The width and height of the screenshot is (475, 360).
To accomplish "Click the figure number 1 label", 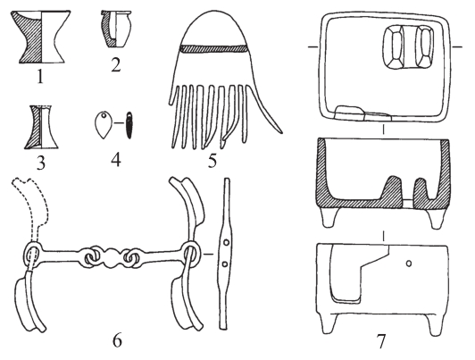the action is point(40,76).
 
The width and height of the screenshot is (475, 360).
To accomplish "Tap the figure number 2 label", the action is point(116,64).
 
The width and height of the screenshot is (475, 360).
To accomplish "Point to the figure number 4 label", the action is point(116,159).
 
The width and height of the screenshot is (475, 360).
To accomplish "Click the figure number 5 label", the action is point(212,160).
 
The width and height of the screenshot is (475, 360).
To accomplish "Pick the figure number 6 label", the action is point(117,340).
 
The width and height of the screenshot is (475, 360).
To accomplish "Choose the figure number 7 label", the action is point(380,341).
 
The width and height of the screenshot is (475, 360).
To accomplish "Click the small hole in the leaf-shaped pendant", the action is point(104,115).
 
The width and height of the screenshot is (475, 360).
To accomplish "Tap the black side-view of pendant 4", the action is point(129,125).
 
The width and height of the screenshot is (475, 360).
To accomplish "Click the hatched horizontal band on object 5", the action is point(214,49).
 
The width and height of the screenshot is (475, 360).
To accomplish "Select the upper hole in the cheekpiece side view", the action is point(226,243).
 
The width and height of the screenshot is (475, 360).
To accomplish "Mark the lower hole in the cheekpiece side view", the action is point(225,264).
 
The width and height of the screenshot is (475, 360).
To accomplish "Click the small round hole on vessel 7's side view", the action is point(409,264).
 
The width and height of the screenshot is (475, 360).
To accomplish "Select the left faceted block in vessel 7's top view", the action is point(394,47).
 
